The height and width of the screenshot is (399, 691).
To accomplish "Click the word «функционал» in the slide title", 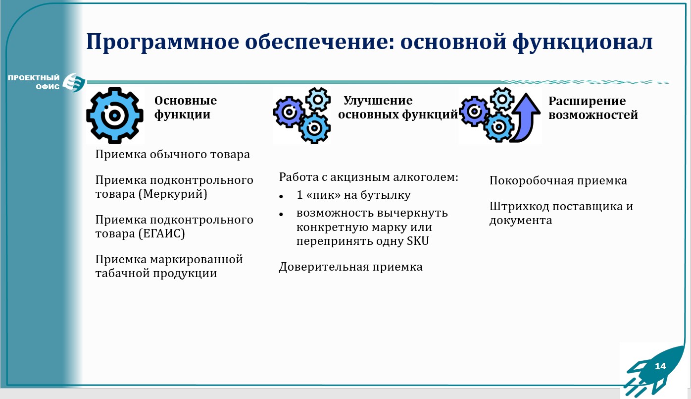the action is point(583,43).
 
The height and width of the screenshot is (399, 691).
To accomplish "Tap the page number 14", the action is point(660,366).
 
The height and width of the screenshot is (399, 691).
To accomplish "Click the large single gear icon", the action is point(115,115).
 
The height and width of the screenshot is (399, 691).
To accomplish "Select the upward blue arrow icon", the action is point(526,118).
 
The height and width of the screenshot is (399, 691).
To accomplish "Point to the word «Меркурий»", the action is point(173,194).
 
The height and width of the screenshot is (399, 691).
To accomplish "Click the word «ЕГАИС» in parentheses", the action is point(161,233).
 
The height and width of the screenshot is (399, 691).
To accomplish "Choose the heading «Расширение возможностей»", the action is point(593,108).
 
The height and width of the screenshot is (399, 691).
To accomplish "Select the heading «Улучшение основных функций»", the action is point(398,107).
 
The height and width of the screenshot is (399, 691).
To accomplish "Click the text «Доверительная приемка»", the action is point(351,267).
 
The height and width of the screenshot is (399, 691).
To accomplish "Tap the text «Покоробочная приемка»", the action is point(558,180).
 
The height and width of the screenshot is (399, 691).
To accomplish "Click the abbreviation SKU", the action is point(418,241).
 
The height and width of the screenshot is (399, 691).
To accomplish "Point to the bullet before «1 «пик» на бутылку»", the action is point(281,196).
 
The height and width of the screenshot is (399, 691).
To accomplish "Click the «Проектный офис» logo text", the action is point(34,82).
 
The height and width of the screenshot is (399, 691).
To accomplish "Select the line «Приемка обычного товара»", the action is point(172,155).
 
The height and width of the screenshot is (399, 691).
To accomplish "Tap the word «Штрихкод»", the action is point(519,207).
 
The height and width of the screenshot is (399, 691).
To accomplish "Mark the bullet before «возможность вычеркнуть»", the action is point(281,214).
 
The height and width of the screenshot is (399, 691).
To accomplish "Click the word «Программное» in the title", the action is point(162,43).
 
